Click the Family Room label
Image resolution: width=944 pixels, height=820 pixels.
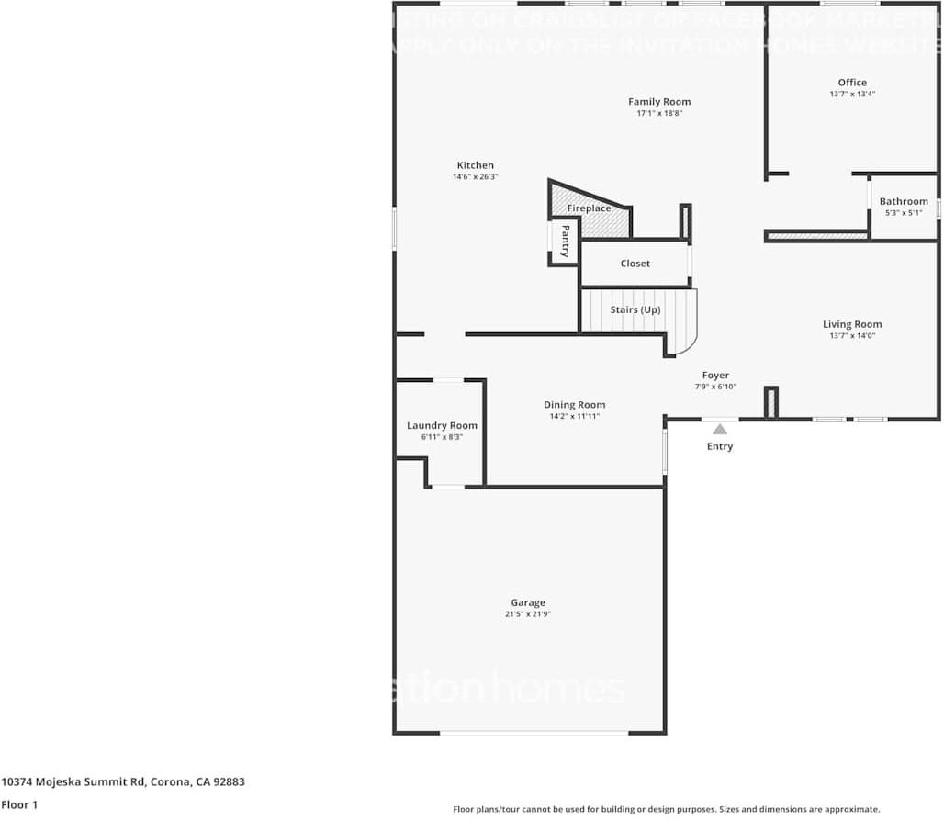tap(658, 102)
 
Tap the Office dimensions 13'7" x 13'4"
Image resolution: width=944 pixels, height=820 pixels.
tap(851, 94)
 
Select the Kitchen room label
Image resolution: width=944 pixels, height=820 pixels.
tap(475, 165)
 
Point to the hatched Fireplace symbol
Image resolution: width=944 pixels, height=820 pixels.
tap(599, 220)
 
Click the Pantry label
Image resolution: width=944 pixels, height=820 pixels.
tap(565, 241)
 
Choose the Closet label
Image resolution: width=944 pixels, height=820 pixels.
tap(635, 264)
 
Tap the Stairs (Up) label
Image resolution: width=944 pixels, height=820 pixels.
tap(635, 310)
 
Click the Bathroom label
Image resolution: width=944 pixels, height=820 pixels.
tap(903, 201)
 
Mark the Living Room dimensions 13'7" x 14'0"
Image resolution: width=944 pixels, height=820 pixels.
tap(851, 336)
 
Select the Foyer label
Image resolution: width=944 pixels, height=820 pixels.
tap(715, 376)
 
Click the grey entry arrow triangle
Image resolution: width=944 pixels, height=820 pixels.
tap(720, 429)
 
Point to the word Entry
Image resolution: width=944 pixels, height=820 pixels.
tap(720, 447)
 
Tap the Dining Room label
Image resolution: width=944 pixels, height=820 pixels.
tap(574, 405)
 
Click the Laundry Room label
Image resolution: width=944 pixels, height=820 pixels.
tap(442, 425)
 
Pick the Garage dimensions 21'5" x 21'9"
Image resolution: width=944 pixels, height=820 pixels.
tap(527, 614)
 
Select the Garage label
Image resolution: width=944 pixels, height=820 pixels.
tap(528, 603)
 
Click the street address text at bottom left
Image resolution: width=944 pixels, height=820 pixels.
tap(123, 782)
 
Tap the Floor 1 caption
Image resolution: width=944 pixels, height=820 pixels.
tap(19, 804)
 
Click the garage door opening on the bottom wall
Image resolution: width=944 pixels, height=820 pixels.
tap(534, 733)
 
